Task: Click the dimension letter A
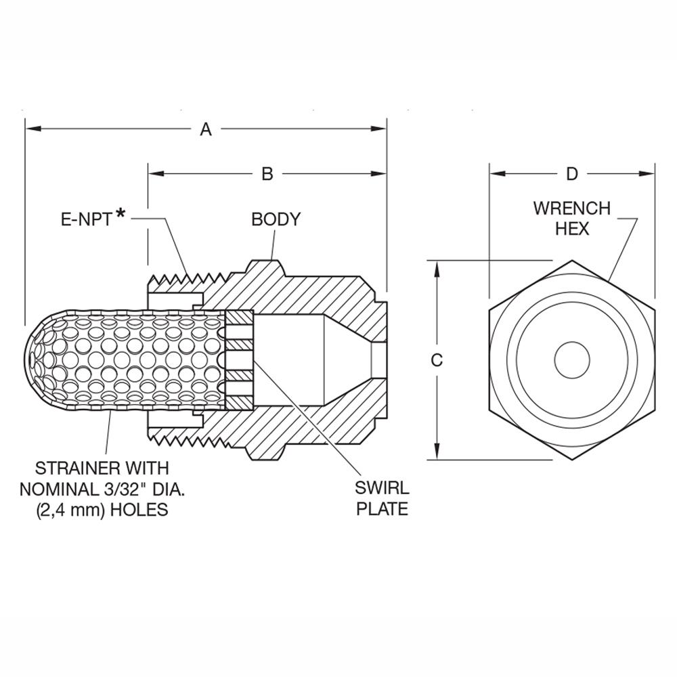(x=206, y=129)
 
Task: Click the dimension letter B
(x=267, y=174)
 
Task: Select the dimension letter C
(x=437, y=360)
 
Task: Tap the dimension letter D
(x=572, y=174)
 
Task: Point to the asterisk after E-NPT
(x=121, y=215)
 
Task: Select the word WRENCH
(x=572, y=208)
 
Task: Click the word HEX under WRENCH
(x=572, y=229)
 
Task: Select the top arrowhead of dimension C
(x=437, y=266)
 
